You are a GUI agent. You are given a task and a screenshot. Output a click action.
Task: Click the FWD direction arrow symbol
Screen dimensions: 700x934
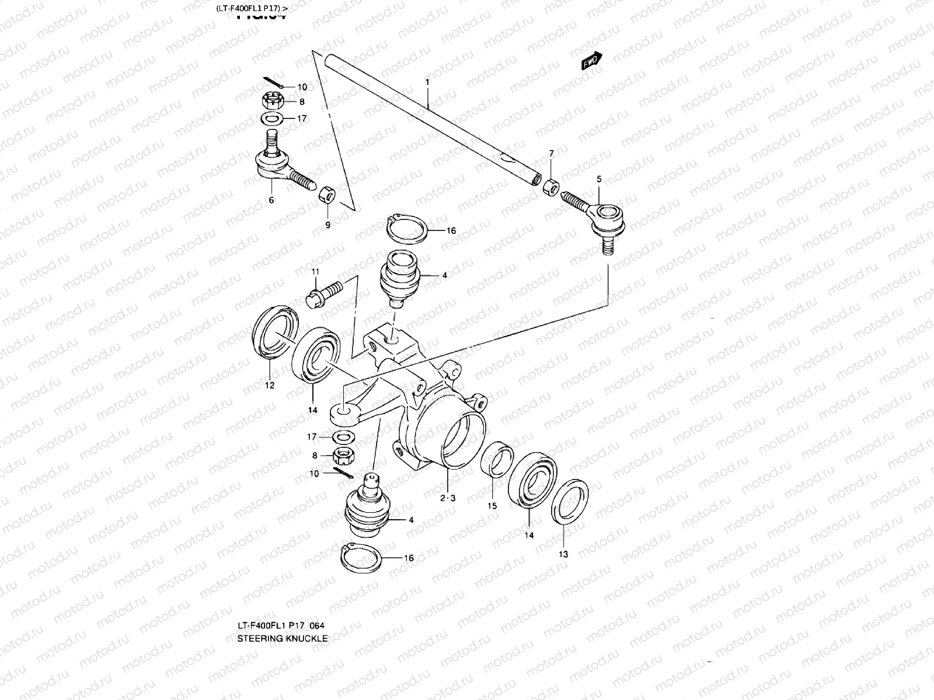click(x=591, y=61)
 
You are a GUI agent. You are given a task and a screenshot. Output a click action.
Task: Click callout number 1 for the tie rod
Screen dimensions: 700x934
click(x=427, y=83)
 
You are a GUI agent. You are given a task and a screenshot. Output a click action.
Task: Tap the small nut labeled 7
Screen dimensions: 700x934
click(x=550, y=188)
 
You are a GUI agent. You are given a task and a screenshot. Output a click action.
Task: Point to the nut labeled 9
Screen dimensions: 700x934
click(x=326, y=194)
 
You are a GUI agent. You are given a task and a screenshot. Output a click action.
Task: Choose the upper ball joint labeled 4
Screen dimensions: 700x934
click(x=396, y=273)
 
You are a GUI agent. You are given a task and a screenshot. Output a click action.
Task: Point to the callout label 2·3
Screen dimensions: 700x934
click(x=448, y=498)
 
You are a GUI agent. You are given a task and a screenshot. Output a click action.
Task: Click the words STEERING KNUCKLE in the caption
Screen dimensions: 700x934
click(x=282, y=639)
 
